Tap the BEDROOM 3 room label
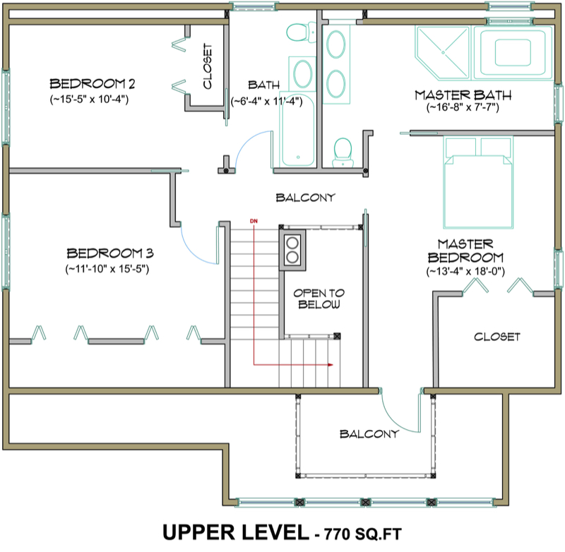point(110,253)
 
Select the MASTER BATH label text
point(463,95)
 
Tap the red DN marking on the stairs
point(254,222)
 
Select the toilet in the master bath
point(343,149)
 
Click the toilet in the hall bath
point(297,31)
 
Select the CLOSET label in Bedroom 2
point(208,67)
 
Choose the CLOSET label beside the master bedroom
point(497,337)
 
